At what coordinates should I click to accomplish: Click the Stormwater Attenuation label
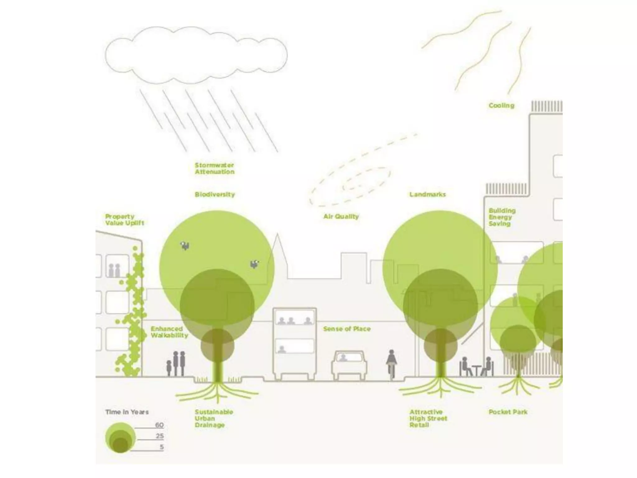click(214, 168)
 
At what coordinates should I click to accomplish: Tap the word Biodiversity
click(215, 194)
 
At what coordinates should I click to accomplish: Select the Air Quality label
click(341, 216)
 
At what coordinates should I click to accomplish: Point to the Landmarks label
click(427, 194)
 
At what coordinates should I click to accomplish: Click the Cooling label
click(501, 105)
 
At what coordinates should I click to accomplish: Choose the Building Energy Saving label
click(501, 217)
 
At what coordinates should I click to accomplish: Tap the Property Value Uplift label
click(124, 220)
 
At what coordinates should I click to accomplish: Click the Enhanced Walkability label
click(169, 332)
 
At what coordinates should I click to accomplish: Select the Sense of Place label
click(346, 329)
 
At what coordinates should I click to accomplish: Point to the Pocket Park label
click(508, 412)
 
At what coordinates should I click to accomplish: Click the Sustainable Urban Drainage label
click(214, 418)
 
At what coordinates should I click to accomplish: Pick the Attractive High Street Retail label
click(428, 418)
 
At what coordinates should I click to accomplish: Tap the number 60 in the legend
click(159, 425)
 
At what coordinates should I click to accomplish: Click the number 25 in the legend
click(160, 436)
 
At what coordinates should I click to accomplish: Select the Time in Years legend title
click(127, 412)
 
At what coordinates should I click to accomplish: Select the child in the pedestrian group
click(169, 368)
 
